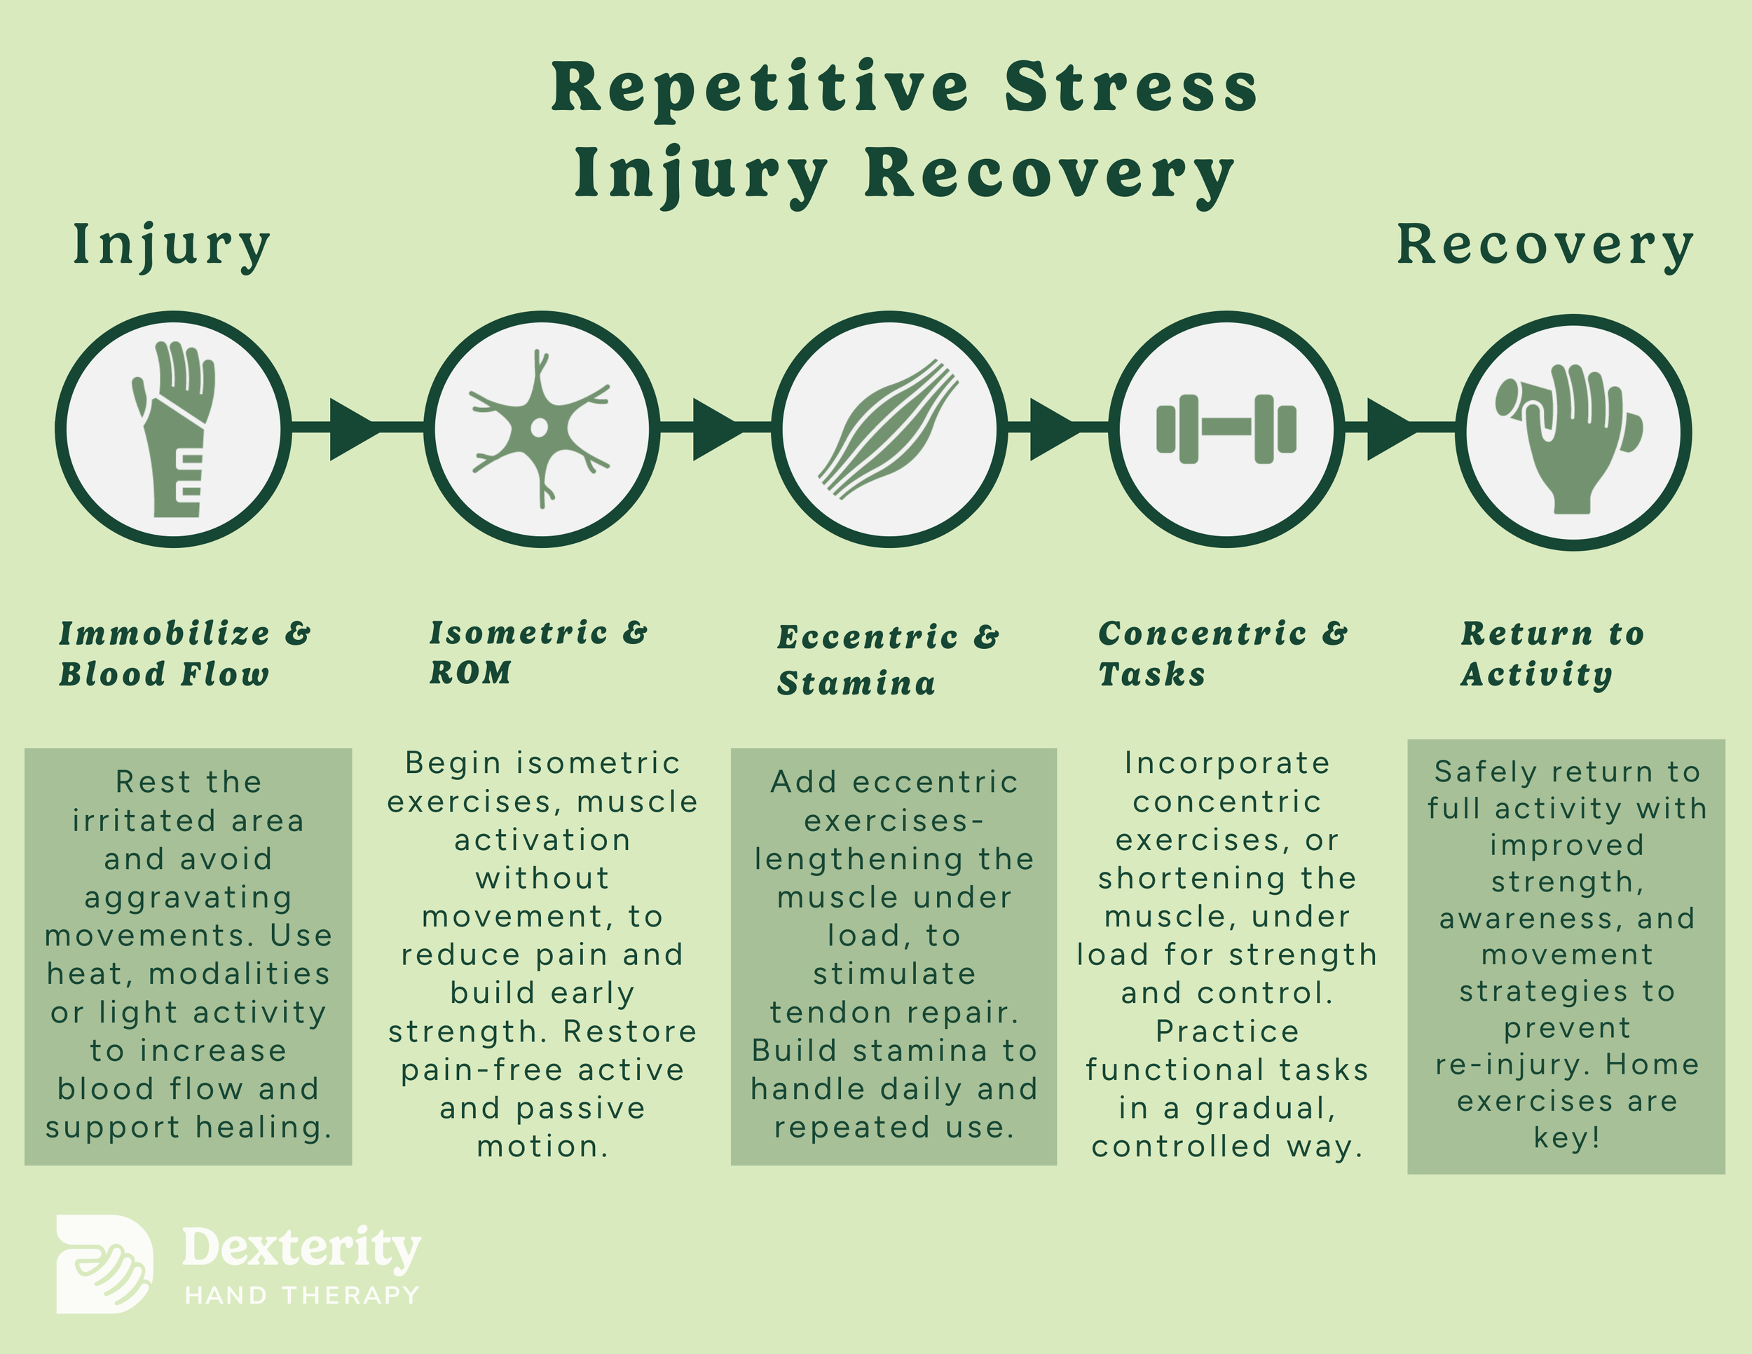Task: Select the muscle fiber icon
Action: click(889, 429)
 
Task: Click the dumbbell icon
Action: click(1226, 429)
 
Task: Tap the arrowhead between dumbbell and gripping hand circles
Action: click(1390, 429)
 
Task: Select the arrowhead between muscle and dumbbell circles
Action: click(1053, 429)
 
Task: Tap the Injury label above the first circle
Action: click(172, 245)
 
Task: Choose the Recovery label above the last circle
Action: click(1545, 245)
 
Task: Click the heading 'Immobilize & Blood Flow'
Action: click(184, 654)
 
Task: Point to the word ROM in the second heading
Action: click(470, 673)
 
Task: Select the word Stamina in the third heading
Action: click(856, 683)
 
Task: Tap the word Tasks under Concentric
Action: click(1152, 675)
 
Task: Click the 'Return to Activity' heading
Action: click(1552, 654)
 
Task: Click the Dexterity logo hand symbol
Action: click(104, 1264)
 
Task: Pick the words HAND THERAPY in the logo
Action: click(301, 1294)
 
